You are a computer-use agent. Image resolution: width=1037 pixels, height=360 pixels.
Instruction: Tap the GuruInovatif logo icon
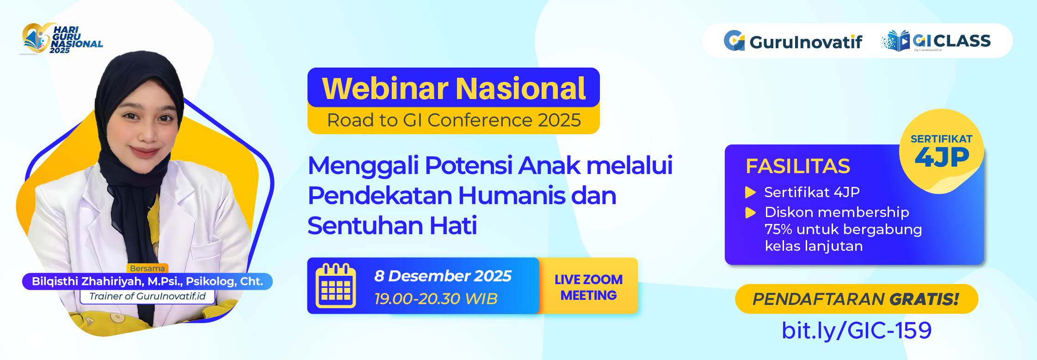(734, 41)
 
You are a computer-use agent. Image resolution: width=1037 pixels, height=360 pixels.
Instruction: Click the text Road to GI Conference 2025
(453, 120)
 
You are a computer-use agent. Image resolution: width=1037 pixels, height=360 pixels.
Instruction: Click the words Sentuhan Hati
(392, 226)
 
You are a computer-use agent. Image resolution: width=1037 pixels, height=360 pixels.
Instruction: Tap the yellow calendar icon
(336, 286)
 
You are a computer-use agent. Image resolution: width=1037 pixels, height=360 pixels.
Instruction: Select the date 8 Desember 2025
(443, 276)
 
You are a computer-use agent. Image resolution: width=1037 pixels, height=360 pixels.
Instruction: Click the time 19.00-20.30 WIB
(436, 299)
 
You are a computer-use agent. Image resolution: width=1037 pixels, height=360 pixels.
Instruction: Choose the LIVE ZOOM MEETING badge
(588, 287)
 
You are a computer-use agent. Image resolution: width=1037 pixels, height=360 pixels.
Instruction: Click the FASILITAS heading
(797, 166)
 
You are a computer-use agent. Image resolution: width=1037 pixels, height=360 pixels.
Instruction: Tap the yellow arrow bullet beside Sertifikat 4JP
(750, 192)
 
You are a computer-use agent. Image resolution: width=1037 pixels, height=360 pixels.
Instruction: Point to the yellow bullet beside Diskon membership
(750, 212)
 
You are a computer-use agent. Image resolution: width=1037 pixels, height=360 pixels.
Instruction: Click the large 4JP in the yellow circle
(942, 158)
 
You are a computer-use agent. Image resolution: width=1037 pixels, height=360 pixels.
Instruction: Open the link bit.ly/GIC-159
(856, 330)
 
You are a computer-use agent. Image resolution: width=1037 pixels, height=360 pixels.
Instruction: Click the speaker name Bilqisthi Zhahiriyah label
(147, 281)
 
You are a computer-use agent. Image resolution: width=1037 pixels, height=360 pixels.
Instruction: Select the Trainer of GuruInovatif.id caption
(147, 296)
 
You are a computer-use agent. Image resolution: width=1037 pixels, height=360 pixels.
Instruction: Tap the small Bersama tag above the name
(147, 268)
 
